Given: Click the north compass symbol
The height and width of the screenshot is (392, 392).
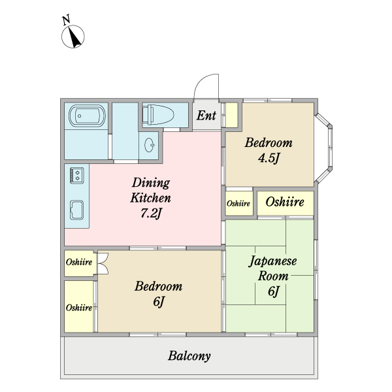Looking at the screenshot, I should point(74,38).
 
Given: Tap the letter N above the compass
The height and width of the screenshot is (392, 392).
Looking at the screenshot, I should point(66,20).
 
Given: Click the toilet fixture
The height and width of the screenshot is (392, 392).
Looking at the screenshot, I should point(157,115).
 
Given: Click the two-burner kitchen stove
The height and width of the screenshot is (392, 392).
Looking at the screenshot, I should point(76,174).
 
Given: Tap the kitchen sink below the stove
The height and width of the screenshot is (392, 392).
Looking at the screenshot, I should point(76,211).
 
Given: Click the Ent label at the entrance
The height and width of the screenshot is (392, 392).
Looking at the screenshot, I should point(206,116).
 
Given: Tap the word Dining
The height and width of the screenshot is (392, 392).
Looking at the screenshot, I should point(151,182).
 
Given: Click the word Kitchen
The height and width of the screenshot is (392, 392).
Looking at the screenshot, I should point(151,197).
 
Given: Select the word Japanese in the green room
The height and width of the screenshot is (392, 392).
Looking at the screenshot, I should point(273,261).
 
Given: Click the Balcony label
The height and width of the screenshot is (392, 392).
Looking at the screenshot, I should point(189,356).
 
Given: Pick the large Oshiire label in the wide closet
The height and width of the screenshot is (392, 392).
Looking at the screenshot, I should point(285,203).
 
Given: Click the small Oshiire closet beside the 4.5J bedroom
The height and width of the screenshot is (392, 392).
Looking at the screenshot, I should point(238,204).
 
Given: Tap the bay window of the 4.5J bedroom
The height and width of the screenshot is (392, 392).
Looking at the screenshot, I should point(324,148).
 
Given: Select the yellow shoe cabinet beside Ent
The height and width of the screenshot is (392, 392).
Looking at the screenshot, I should point(231,115).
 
